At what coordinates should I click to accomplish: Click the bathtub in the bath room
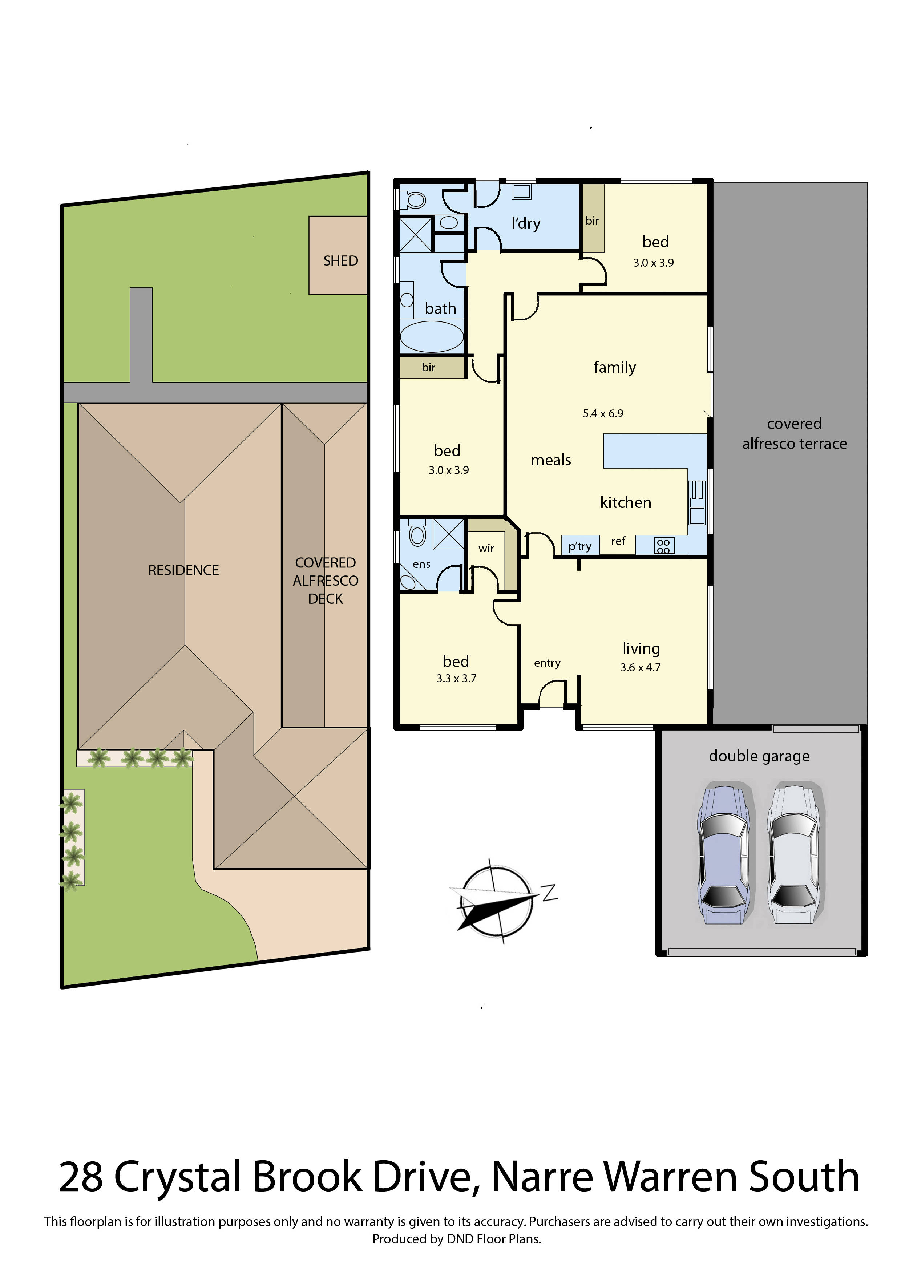coord(432,336)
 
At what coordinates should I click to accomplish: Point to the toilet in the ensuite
coord(417,534)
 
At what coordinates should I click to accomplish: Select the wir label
coord(486,548)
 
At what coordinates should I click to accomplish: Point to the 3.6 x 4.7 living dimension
coord(640,668)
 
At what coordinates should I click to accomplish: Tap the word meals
coord(550,460)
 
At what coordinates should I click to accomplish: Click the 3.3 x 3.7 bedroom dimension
coord(456,678)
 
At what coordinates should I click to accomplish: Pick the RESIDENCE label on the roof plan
coord(183,570)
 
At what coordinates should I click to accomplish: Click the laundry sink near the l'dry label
coord(521,192)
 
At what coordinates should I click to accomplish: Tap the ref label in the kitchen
coord(618,541)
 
